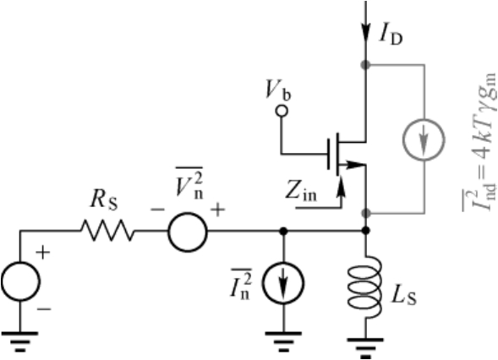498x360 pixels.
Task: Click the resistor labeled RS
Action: pos(107,231)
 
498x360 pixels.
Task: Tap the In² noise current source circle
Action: pos(283,263)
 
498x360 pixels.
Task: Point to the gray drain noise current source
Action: pos(424,120)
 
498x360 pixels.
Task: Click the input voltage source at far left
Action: pos(20,263)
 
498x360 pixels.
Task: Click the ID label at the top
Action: pos(391,35)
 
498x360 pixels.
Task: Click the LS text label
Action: pos(403,296)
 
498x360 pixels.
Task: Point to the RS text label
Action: pos(104,199)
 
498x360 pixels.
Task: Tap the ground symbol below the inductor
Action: pos(365,348)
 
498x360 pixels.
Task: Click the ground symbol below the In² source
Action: pos(283,342)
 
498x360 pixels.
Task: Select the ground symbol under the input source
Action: pos(20,342)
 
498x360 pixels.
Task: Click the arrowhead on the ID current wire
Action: pos(366,32)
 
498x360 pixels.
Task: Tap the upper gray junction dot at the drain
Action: pos(366,65)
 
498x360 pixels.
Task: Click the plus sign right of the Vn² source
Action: pos(218,210)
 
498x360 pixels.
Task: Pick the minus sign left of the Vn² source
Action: pos(157,210)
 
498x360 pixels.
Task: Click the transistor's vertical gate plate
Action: pos(329,154)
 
